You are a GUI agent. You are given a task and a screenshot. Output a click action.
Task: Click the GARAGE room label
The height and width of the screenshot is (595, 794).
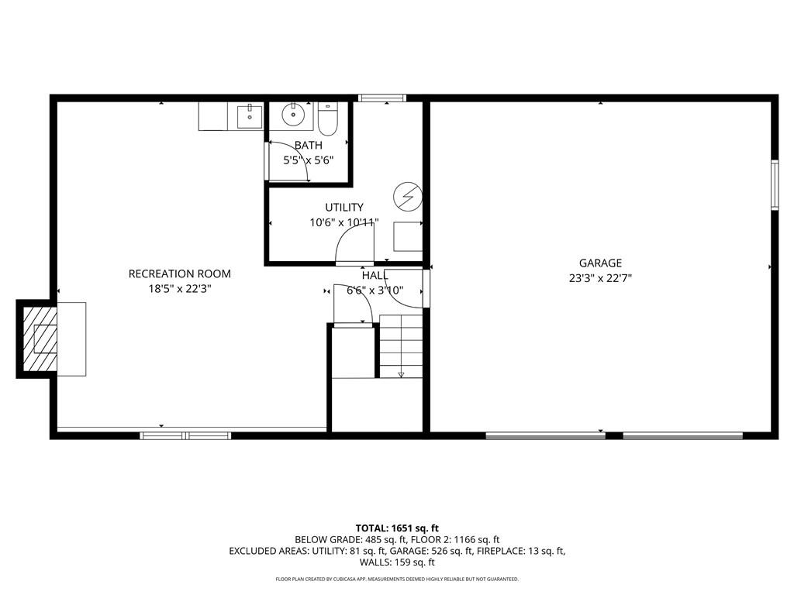point(600,263)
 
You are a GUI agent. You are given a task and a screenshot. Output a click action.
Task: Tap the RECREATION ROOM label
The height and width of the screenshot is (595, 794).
point(180,273)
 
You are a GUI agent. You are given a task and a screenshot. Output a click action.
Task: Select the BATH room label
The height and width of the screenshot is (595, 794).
point(309,145)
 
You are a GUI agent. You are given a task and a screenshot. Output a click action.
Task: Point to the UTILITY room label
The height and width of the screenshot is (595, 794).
point(344,208)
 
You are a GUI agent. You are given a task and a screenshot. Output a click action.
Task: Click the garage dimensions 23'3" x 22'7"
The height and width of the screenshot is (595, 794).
point(600,278)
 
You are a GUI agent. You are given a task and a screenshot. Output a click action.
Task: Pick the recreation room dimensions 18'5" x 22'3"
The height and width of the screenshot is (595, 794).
point(180,289)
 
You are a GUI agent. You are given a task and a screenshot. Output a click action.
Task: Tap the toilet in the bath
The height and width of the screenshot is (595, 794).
point(328,119)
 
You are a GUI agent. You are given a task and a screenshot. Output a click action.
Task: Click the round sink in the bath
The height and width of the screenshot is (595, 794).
point(292,115)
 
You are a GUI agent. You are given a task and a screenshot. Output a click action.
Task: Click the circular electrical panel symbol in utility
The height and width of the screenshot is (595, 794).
point(408,196)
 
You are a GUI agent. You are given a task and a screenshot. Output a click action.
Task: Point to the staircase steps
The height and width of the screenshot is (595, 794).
point(401,346)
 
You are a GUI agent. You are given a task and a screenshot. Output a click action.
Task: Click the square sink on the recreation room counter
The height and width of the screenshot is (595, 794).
point(250,116)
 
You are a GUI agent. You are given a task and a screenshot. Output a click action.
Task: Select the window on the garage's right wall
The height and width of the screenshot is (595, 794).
point(775,184)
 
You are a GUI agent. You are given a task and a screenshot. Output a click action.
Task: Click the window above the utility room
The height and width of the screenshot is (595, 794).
point(381,98)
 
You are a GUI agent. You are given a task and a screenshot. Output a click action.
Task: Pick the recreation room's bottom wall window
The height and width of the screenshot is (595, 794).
point(186,435)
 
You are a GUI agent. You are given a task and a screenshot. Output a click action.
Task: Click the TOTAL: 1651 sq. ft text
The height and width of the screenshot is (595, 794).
point(397,528)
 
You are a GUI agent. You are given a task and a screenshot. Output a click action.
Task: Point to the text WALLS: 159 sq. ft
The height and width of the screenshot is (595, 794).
point(397,562)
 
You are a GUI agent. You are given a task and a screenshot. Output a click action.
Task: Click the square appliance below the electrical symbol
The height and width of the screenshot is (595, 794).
point(408,236)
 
